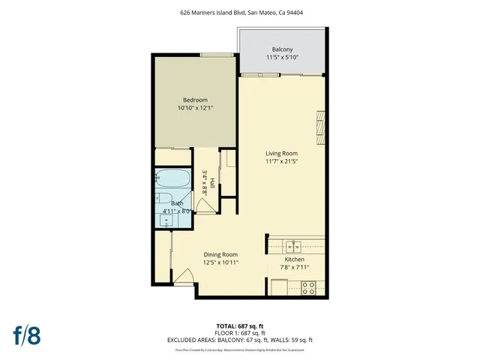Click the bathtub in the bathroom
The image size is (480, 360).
tap(172, 180)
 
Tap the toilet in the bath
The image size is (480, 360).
tap(163, 199)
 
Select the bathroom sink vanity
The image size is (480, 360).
tap(165, 220)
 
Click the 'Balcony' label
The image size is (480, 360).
tap(282, 49)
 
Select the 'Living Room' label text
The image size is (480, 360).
tap(281, 153)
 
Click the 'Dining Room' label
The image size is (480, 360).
tap(220, 254)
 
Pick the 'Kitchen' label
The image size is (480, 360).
tap(293, 259)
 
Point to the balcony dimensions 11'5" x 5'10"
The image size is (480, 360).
tap(282, 57)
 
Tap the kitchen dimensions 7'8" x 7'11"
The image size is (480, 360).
tap(293, 268)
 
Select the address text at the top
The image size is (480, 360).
tap(240, 12)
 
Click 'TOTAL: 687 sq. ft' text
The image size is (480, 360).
tap(240, 326)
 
